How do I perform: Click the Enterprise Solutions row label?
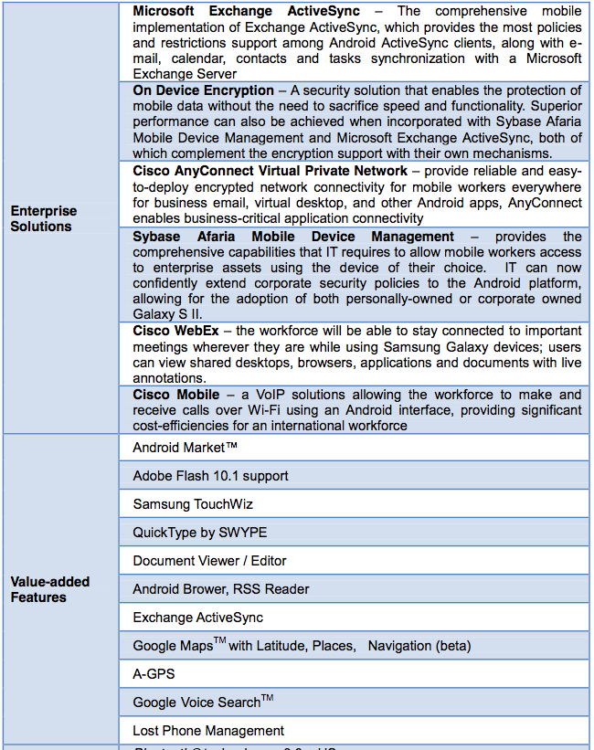(x=44, y=218)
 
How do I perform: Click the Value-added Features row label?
(x=50, y=589)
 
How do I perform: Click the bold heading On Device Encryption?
(x=203, y=90)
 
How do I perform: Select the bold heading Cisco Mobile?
(x=175, y=395)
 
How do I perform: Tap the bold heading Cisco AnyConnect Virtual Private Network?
(x=270, y=171)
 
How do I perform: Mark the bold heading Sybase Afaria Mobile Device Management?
(x=293, y=237)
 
